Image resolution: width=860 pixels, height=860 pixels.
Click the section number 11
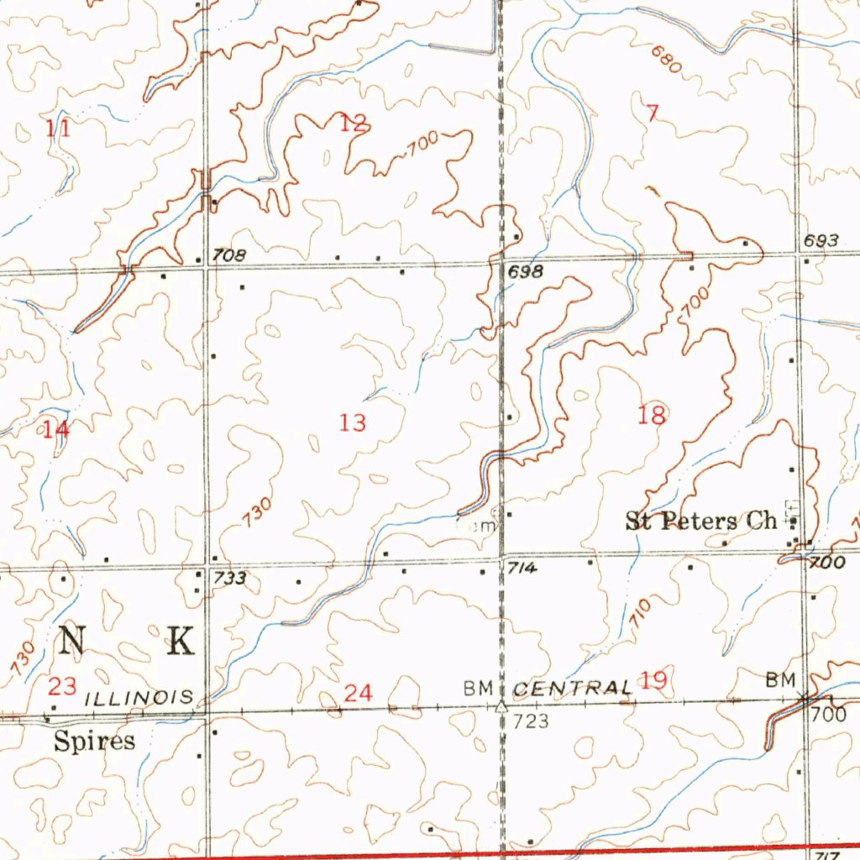(x=58, y=128)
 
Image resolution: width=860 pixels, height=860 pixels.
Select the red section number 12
(x=354, y=123)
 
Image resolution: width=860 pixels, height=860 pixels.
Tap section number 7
(x=653, y=114)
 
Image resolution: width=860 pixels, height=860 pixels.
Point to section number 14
(x=56, y=430)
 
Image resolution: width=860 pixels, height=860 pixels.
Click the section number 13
(x=353, y=422)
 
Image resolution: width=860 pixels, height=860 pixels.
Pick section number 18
(x=652, y=414)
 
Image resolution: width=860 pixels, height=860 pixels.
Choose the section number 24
(x=358, y=693)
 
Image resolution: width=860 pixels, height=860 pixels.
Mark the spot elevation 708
(x=228, y=254)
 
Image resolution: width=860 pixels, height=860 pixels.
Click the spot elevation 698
(x=525, y=272)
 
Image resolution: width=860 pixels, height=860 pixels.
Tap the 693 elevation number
(x=821, y=241)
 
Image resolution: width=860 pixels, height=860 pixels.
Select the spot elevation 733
(x=229, y=578)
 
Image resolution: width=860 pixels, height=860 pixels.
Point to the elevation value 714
(x=522, y=569)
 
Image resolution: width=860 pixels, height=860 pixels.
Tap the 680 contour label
(x=665, y=61)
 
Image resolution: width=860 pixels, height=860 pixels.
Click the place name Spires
(x=94, y=741)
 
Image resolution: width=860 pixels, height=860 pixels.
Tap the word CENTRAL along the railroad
(x=571, y=688)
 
